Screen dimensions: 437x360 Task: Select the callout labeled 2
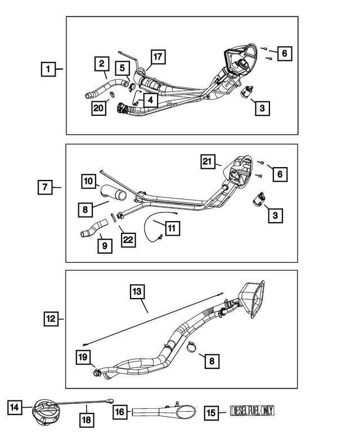pyautogui.click(x=101, y=63)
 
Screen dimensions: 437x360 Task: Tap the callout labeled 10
pyautogui.click(x=88, y=182)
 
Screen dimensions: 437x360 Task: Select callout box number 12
pyautogui.click(x=51, y=319)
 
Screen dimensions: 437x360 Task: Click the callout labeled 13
pyautogui.click(x=138, y=292)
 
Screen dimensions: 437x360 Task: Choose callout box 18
pyautogui.click(x=87, y=419)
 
